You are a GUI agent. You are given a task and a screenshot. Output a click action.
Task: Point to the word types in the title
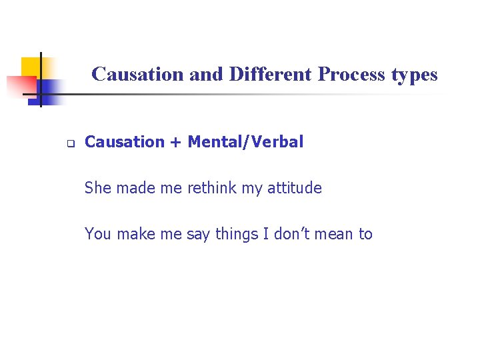[x=415, y=75]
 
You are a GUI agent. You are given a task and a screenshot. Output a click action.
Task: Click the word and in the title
[x=207, y=74]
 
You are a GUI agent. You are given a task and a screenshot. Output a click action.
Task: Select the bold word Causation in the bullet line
[x=125, y=141]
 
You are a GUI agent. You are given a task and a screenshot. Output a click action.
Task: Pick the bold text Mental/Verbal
[x=245, y=141]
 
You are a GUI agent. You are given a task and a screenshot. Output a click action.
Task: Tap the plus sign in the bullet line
[x=176, y=142]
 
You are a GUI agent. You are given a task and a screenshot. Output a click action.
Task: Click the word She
[x=98, y=188]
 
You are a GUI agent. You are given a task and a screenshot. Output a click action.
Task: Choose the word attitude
[x=294, y=188]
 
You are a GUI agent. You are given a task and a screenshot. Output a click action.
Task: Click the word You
[x=98, y=234]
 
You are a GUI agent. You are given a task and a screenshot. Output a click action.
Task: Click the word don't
[x=294, y=234]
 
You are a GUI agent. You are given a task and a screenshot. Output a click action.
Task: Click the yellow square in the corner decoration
[x=30, y=67]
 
